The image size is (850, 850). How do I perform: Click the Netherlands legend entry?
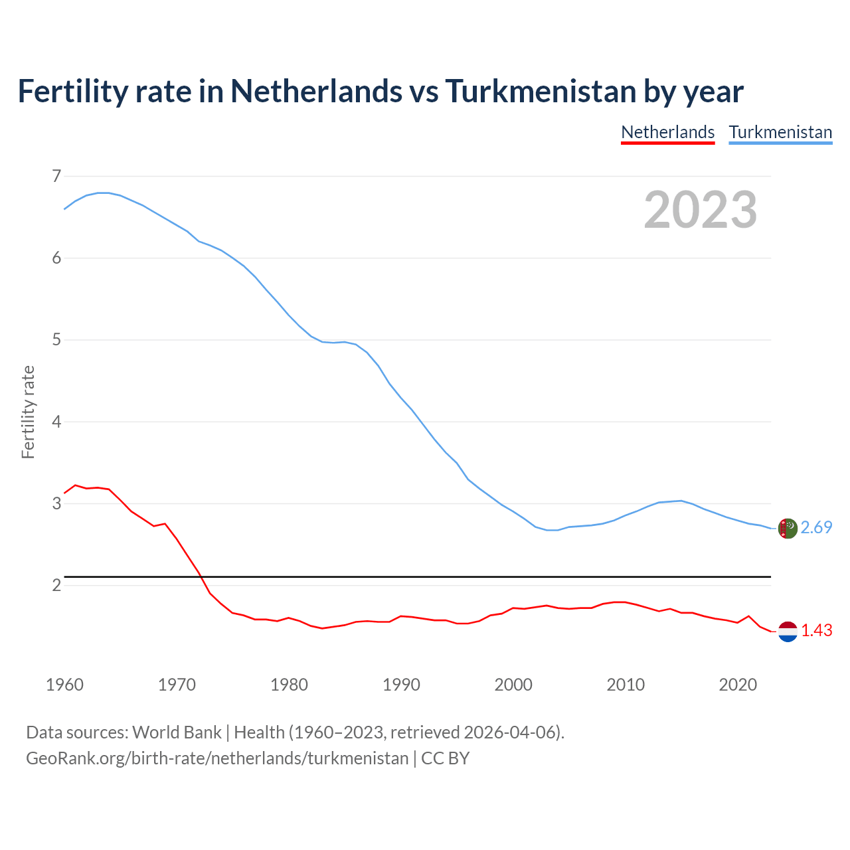[667, 132]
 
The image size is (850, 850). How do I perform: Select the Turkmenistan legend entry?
[780, 132]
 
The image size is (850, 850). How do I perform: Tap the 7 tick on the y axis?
[56, 176]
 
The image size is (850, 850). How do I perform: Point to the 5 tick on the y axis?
[56, 340]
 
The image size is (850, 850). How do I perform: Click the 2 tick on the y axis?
[56, 585]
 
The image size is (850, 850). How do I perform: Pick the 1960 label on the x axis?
[64, 685]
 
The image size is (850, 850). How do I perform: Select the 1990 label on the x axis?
[401, 685]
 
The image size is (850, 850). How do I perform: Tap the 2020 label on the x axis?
[738, 685]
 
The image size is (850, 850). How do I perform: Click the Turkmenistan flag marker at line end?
[788, 529]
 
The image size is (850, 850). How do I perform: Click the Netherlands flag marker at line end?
[788, 632]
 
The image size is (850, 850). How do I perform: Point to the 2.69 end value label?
[816, 527]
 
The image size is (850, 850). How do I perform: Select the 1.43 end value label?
[816, 631]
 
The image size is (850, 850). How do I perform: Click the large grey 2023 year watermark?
[701, 210]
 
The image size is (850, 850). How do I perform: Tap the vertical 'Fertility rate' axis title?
[28, 412]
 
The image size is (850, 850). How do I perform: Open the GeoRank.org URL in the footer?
[217, 758]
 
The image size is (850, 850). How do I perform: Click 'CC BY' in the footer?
[446, 758]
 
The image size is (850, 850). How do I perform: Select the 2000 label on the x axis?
[513, 685]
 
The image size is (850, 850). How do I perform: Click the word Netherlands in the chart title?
[316, 92]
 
